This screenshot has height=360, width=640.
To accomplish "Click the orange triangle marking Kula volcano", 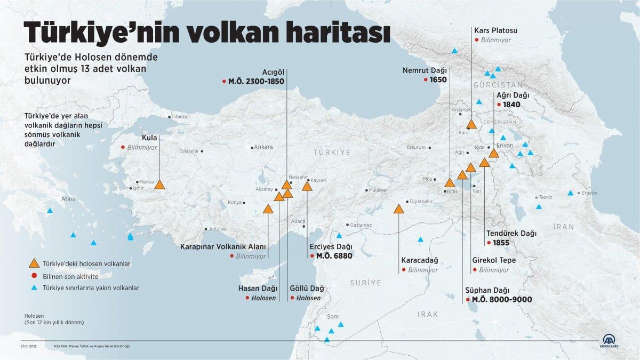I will pos(159,185).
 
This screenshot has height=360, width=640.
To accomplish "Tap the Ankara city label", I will pos(263,147).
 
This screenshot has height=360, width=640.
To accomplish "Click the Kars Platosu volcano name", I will pos(495,30).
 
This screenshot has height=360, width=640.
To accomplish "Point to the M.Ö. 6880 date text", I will pos(334,256).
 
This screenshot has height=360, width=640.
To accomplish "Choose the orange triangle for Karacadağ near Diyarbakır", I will pos(399,209).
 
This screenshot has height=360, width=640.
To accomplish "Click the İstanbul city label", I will pos(180,116).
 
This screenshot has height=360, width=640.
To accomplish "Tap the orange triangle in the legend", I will pos(34,263).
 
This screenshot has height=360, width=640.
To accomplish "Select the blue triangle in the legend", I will pos(34,287).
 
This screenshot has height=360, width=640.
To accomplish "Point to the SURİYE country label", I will pos(366,282).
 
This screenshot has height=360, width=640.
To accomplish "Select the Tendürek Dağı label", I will pos(511,233).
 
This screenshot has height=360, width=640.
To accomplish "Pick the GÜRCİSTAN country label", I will pos(498,85).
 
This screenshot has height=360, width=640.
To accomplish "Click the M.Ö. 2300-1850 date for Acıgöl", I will pos(256,82).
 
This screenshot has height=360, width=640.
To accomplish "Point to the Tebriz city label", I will pos(545,197).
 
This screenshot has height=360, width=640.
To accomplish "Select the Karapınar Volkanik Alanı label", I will pos(223,246).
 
